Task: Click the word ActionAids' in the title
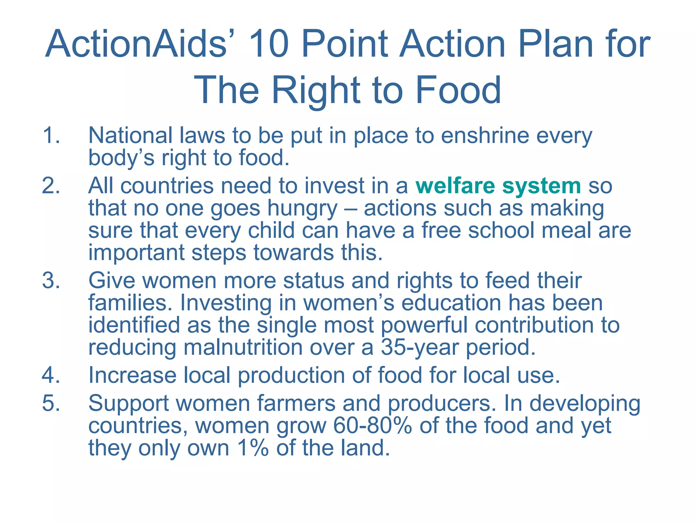point(136,44)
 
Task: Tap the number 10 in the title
point(268,44)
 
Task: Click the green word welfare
point(455,186)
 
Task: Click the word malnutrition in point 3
point(243,347)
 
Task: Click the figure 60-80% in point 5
point(372,426)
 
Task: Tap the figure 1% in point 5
point(253,448)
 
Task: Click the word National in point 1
point(130,135)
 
